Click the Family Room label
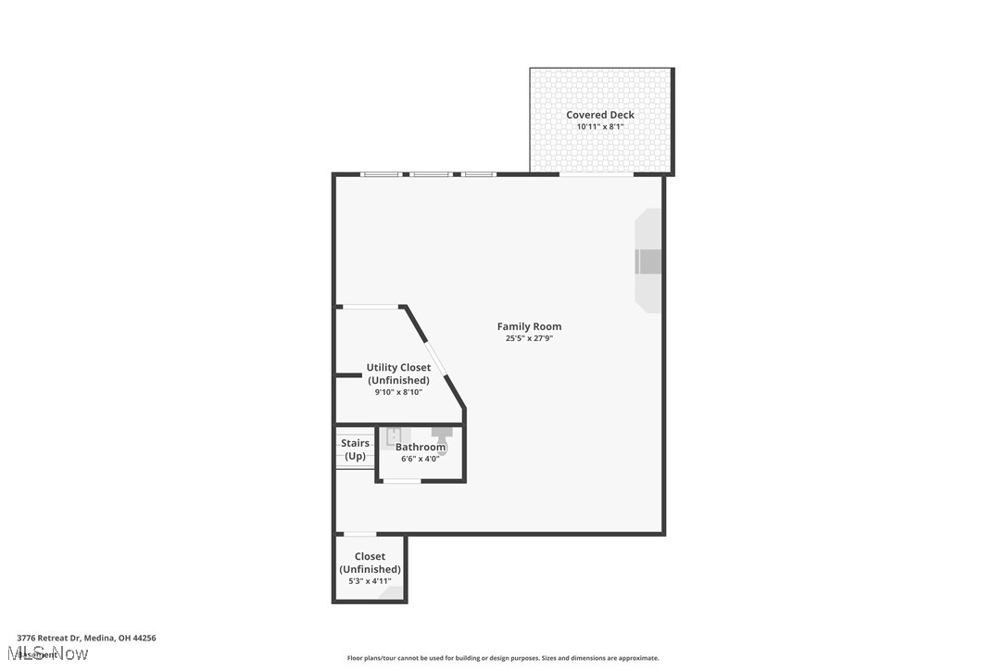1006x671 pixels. (x=529, y=326)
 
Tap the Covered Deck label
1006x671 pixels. (x=600, y=115)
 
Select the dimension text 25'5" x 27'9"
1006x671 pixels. (x=529, y=339)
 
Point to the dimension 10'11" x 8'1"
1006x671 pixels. (x=600, y=127)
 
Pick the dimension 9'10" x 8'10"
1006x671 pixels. (x=398, y=392)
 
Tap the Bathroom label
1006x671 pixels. (x=421, y=447)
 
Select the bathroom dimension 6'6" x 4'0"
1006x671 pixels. (x=421, y=459)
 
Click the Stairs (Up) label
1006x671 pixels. (x=355, y=449)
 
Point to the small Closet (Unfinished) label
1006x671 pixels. (x=370, y=563)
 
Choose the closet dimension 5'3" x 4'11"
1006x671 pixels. (x=370, y=581)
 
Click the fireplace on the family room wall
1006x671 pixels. (x=648, y=261)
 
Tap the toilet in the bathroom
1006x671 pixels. (x=441, y=433)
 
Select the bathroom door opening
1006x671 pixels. (x=402, y=481)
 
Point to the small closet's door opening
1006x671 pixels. (x=359, y=534)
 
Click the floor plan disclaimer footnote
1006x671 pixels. (x=503, y=658)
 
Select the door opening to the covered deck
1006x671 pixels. (x=596, y=174)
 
